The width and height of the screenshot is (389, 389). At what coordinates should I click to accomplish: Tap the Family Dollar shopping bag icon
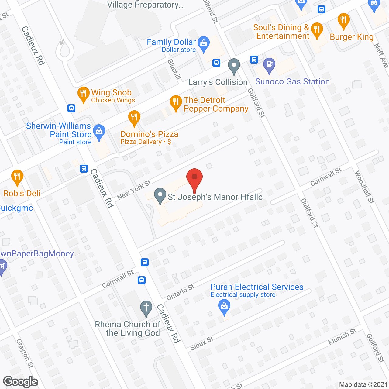[x=203, y=44]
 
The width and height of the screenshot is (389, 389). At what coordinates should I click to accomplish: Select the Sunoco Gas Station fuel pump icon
[x=269, y=65]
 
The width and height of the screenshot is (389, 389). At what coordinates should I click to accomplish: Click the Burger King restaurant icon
[x=343, y=21]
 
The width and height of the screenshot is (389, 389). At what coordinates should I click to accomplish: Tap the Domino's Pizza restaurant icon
[x=134, y=118]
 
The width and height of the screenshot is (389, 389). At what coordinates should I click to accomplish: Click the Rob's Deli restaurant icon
[x=17, y=177]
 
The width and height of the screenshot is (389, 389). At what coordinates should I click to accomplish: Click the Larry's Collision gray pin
[x=234, y=66]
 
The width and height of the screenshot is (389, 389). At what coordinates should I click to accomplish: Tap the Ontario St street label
[x=181, y=292]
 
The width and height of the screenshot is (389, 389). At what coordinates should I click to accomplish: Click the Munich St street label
[x=342, y=336]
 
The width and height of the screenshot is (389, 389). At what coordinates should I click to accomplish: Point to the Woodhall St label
[x=364, y=187]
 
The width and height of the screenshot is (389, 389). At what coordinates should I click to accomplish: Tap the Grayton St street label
[x=25, y=353]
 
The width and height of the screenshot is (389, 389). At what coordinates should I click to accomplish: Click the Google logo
[x=21, y=382]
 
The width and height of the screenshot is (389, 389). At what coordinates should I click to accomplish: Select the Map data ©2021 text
[x=363, y=385]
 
